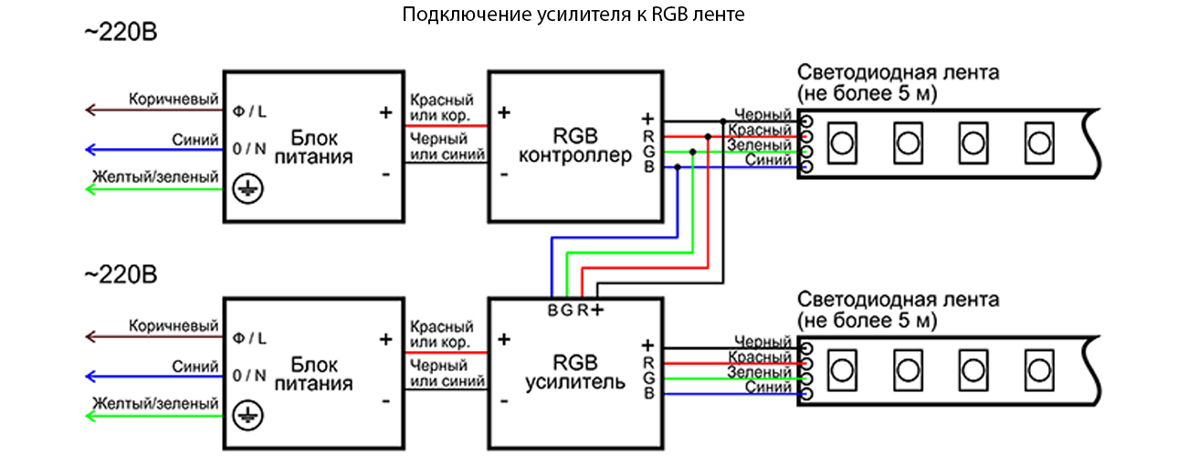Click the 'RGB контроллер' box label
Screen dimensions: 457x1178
pyautogui.click(x=575, y=146)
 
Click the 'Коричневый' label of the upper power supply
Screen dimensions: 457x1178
pyautogui.click(x=174, y=98)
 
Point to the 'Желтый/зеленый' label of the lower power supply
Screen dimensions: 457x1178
pyautogui.click(x=155, y=403)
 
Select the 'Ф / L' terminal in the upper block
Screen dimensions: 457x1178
pyautogui.click(x=250, y=111)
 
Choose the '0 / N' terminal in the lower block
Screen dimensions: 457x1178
pyautogui.click(x=250, y=375)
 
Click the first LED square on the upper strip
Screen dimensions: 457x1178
pyautogui.click(x=841, y=143)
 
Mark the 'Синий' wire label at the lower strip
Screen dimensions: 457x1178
pyautogui.click(x=769, y=388)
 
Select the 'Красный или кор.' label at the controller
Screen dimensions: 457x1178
pyautogui.click(x=442, y=108)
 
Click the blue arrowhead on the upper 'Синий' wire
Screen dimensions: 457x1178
pyautogui.click(x=89, y=150)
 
